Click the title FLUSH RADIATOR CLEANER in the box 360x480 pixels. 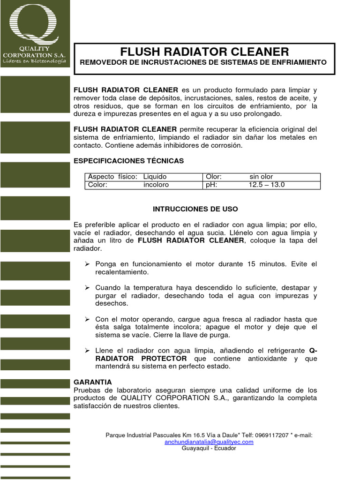pos(204,52)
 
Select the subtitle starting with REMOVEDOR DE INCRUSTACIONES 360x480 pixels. pos(204,62)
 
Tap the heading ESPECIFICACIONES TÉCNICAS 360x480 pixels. pos(129,161)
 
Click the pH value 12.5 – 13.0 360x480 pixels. pos(267,185)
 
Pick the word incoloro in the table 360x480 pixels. pos(156,185)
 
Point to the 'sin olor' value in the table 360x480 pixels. pos(261,177)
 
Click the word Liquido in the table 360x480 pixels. pos(155,177)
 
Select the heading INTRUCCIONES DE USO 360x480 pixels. pos(195,209)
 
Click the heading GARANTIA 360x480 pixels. pos(93,382)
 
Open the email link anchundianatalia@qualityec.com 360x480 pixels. pos(209,442)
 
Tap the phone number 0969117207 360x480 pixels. pos(270,435)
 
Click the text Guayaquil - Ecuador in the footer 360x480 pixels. pos(209,448)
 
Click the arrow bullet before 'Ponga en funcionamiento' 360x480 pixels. pos(87,264)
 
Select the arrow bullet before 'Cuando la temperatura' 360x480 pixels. pos(87,287)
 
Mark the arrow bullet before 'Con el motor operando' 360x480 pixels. pos(87,319)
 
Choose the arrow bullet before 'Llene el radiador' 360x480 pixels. pos(87,350)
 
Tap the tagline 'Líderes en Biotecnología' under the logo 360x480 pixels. pos(35,61)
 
